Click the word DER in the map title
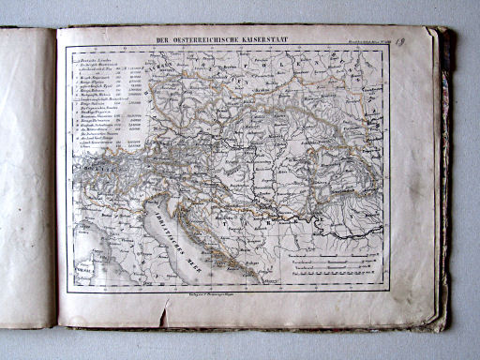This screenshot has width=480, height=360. coord(163,39)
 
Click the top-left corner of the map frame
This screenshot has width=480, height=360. coord(66,47)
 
